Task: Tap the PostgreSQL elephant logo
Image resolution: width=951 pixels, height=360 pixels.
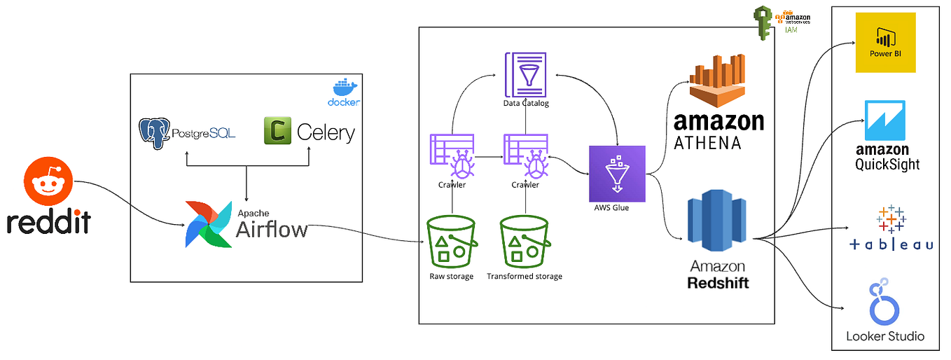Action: coord(155,133)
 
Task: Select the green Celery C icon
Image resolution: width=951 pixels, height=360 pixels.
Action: coord(277,131)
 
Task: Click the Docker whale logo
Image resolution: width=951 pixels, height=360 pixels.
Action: coord(344,87)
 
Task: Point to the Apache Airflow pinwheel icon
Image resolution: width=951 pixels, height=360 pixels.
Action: coord(208,224)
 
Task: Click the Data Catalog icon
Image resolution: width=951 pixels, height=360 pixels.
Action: coord(526,74)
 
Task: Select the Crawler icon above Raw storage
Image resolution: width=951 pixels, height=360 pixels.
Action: coord(452,157)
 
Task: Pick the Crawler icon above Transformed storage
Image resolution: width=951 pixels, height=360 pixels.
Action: coord(525,157)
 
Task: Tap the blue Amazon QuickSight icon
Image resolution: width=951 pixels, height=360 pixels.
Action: coord(885,120)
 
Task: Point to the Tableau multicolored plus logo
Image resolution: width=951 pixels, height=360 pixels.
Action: coord(890,219)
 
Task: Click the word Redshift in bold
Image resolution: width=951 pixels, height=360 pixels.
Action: coord(719,282)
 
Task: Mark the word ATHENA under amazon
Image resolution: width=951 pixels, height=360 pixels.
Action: coord(707,142)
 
